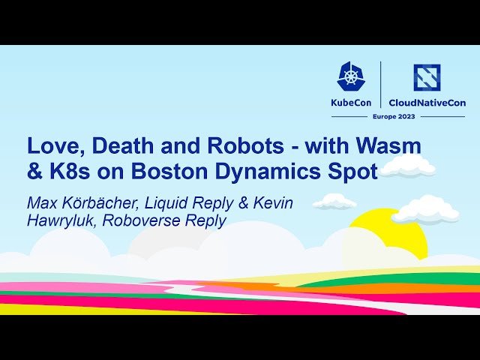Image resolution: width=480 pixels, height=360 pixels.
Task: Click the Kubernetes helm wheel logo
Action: point(352,76)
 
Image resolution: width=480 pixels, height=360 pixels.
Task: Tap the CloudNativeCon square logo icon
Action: point(427,77)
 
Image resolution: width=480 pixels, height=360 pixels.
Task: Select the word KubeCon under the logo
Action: point(352,103)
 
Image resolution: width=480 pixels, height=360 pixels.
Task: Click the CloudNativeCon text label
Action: point(427,103)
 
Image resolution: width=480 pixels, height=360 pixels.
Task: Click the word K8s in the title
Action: point(67,171)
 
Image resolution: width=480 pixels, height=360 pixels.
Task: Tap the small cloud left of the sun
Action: point(334,201)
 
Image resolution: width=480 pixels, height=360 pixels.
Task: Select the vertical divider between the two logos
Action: point(381,84)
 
